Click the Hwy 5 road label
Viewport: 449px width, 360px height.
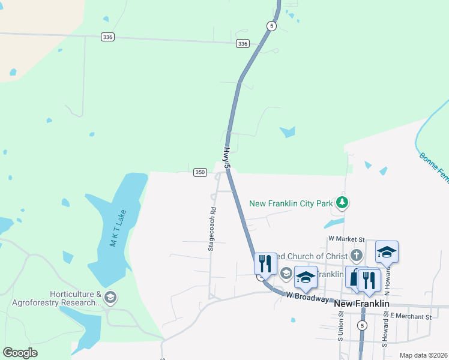coord(227,157)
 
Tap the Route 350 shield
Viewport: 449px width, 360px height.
coord(200,172)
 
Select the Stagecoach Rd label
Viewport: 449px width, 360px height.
coord(212,229)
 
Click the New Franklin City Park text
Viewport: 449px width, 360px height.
coord(291,203)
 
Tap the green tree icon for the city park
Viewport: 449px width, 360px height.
coord(342,203)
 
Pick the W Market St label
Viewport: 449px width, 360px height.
coord(346,238)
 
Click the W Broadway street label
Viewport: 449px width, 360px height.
coord(307,296)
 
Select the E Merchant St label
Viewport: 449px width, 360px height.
coord(411,316)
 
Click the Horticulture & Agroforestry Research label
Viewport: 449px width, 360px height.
coord(58,298)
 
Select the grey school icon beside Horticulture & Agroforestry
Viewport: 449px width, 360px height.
coord(110,297)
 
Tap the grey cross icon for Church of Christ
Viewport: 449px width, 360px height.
coord(357,256)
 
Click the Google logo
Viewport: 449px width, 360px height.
coord(20,353)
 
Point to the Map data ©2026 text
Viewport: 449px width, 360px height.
coord(424,355)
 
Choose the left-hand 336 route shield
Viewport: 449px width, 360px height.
coord(108,37)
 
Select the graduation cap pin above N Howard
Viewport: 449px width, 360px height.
coord(387,253)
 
